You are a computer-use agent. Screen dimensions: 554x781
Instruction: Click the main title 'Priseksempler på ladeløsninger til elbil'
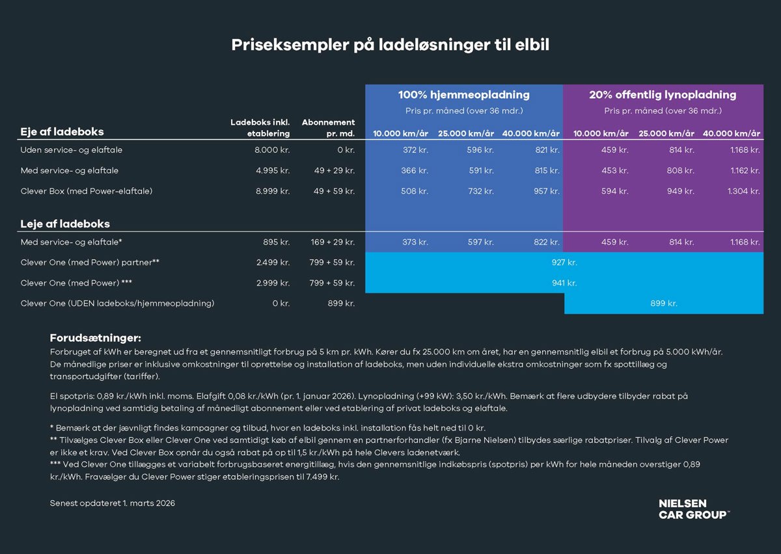(x=390, y=45)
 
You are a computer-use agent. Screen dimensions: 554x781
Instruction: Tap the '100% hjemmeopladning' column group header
(x=463, y=95)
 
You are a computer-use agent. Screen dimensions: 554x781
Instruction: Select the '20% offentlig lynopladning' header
(x=663, y=95)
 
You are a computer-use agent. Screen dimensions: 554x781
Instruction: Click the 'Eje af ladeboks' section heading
(x=62, y=131)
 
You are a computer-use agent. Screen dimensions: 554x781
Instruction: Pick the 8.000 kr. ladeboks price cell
(x=273, y=150)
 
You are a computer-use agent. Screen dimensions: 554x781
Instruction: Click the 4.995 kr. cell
(x=273, y=171)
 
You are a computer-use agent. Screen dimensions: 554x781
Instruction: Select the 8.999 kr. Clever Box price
(x=273, y=191)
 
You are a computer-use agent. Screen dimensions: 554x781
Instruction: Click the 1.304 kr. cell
(x=744, y=191)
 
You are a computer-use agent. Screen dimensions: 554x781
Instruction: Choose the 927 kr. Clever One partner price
(x=564, y=263)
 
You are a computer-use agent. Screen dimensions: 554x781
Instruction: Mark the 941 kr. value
(x=564, y=283)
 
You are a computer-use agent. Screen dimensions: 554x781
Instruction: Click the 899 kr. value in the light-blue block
(x=664, y=304)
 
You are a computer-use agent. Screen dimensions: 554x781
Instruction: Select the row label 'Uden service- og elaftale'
(x=72, y=150)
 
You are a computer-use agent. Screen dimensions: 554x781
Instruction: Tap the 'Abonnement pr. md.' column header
(x=329, y=128)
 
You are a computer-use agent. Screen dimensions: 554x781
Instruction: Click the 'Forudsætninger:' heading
(x=96, y=338)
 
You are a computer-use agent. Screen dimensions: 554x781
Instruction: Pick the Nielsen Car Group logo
(x=694, y=509)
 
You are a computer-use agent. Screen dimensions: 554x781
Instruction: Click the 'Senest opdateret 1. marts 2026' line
(x=113, y=503)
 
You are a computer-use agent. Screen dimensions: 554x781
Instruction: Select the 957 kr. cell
(x=547, y=191)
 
